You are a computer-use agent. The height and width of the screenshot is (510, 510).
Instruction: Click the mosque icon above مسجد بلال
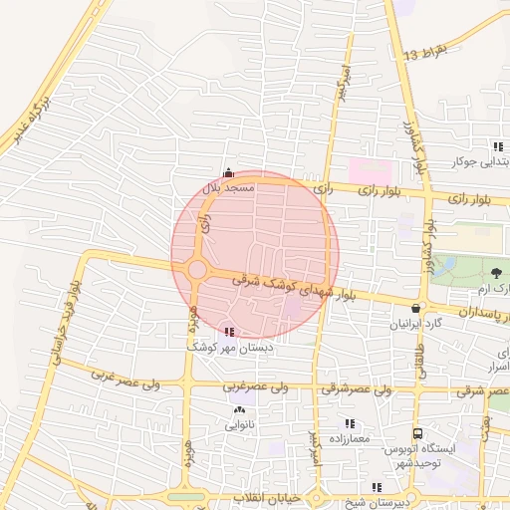click(x=229, y=172)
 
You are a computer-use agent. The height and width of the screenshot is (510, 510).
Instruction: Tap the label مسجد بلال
click(x=230, y=186)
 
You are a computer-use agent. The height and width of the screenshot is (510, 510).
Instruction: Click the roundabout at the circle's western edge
click(x=197, y=269)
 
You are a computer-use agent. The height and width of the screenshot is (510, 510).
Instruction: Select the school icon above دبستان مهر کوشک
click(x=230, y=332)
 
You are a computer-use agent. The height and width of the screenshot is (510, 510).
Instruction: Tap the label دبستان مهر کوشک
click(x=235, y=348)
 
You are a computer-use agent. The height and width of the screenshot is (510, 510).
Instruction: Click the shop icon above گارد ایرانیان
click(x=415, y=309)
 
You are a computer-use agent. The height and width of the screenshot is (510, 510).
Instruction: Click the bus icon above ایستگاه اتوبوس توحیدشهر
click(x=418, y=434)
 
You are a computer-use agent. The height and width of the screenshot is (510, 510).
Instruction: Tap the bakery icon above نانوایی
click(x=238, y=409)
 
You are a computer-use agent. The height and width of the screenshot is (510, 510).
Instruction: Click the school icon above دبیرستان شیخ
click(x=376, y=487)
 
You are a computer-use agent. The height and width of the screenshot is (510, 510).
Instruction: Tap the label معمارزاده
click(x=346, y=438)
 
